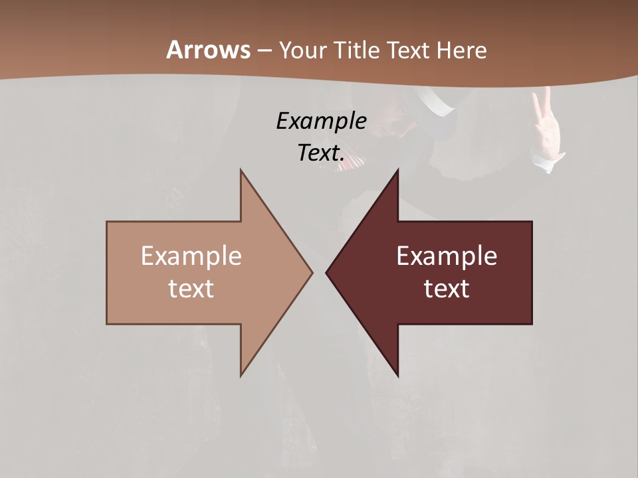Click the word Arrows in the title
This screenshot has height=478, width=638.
[208, 50]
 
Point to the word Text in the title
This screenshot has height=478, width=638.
[410, 50]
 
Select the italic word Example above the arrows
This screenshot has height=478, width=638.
[321, 121]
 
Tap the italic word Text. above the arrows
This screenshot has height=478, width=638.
[321, 153]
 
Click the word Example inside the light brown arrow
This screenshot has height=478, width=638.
[191, 256]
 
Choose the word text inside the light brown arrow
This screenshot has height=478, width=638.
[191, 289]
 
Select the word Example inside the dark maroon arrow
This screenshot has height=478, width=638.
[447, 256]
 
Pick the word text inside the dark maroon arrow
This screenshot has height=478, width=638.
[447, 289]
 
